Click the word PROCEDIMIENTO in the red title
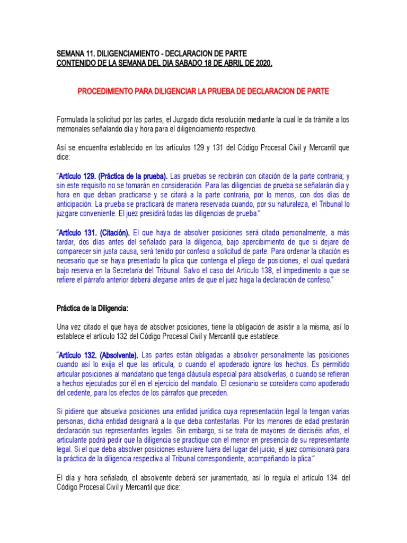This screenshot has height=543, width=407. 105,91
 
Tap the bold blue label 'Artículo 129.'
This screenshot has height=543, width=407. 77,176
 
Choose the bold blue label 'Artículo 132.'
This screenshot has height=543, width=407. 77,355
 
